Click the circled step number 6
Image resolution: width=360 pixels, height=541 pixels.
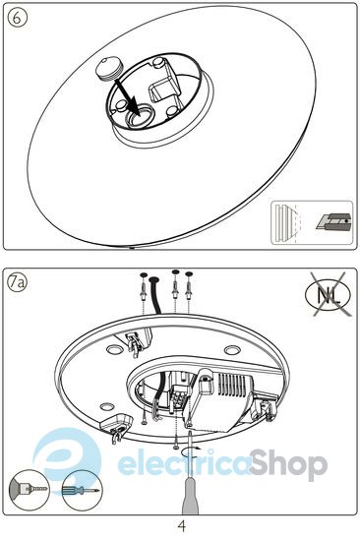click(17, 18)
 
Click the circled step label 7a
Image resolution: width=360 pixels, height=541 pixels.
click(17, 282)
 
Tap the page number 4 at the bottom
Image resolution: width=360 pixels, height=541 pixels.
click(182, 526)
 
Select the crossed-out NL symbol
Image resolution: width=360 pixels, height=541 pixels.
click(329, 295)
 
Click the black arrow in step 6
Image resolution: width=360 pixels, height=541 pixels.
click(127, 97)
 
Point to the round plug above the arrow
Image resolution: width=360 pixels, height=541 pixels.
click(108, 69)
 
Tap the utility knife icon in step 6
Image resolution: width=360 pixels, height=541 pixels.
click(333, 221)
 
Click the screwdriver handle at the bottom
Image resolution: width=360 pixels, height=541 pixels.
click(191, 498)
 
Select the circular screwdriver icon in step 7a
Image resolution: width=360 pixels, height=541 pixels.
click(82, 490)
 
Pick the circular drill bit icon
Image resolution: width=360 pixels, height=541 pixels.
click(29, 491)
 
